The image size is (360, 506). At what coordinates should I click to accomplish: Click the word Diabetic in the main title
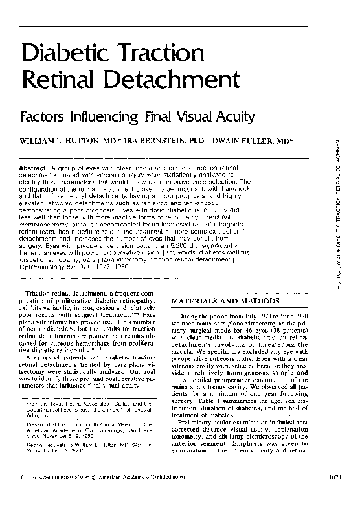tap(65, 54)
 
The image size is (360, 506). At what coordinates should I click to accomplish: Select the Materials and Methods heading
tap(226, 302)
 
